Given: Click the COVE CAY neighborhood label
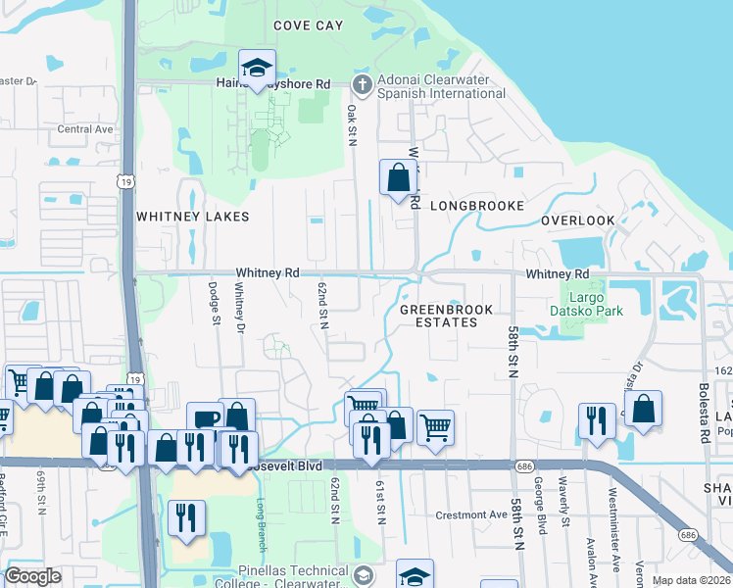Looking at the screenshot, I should (308, 25).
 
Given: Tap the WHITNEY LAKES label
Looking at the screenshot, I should (192, 217).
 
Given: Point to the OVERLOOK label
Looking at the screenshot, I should (577, 221).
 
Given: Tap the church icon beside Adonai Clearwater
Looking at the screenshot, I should (362, 85).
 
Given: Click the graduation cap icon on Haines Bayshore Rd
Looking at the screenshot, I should (257, 69).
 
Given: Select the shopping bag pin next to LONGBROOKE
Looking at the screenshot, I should (398, 179).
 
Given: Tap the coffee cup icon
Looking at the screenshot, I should (207, 420).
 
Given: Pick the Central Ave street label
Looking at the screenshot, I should (86, 129).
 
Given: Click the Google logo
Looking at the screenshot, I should (33, 576).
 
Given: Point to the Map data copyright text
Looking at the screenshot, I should (691, 580).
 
